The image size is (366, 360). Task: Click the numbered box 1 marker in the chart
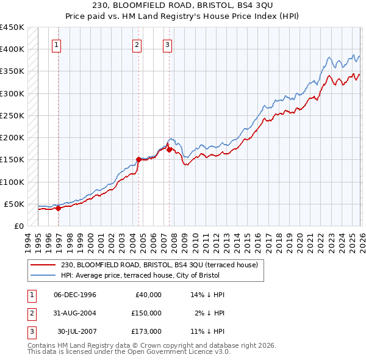coord(56,45)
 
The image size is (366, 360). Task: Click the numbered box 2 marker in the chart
coord(137,45)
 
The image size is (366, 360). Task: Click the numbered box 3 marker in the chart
coord(167,45)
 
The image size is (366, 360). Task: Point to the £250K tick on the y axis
coord(12,115)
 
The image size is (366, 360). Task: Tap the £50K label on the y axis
coord(15,204)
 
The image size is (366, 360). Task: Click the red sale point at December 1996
coord(59,208)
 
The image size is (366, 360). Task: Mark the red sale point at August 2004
coord(138,160)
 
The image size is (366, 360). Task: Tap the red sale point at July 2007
coord(169,149)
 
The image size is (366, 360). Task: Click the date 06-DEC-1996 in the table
coord(75,295)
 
